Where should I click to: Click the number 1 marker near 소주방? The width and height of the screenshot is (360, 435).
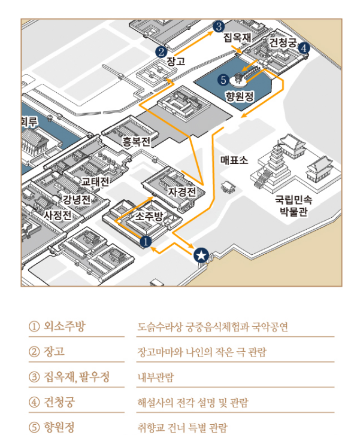[145, 242]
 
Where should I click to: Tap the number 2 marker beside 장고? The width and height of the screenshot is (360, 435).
[161, 52]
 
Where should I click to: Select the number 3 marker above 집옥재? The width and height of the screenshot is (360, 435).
[219, 26]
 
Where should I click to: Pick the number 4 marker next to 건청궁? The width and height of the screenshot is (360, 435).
[304, 48]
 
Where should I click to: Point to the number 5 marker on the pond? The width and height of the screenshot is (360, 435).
[223, 79]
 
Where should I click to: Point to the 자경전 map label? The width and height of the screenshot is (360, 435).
[182, 192]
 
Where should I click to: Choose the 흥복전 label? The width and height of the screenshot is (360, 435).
[136, 142]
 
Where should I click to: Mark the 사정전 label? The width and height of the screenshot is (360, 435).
[58, 214]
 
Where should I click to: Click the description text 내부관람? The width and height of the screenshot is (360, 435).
[155, 378]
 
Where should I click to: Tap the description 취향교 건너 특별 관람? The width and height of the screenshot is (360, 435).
[182, 427]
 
